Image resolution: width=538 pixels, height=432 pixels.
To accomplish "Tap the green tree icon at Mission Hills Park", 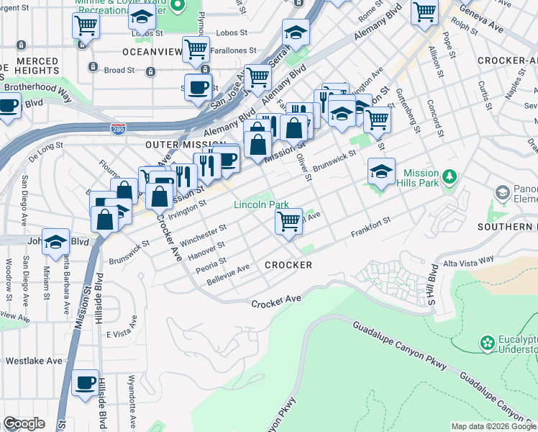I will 450,176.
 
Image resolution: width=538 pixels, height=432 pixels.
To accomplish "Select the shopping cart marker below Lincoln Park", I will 289,222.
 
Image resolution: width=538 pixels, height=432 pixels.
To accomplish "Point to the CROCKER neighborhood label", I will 288,265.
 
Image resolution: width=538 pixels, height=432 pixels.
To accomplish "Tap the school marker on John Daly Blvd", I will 55,243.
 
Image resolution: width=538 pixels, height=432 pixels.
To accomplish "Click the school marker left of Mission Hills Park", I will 381,171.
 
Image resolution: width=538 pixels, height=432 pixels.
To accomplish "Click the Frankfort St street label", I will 370,229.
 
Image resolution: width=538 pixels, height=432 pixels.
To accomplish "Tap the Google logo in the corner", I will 24,423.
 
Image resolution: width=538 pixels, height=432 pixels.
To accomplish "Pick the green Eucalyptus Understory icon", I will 488,341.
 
